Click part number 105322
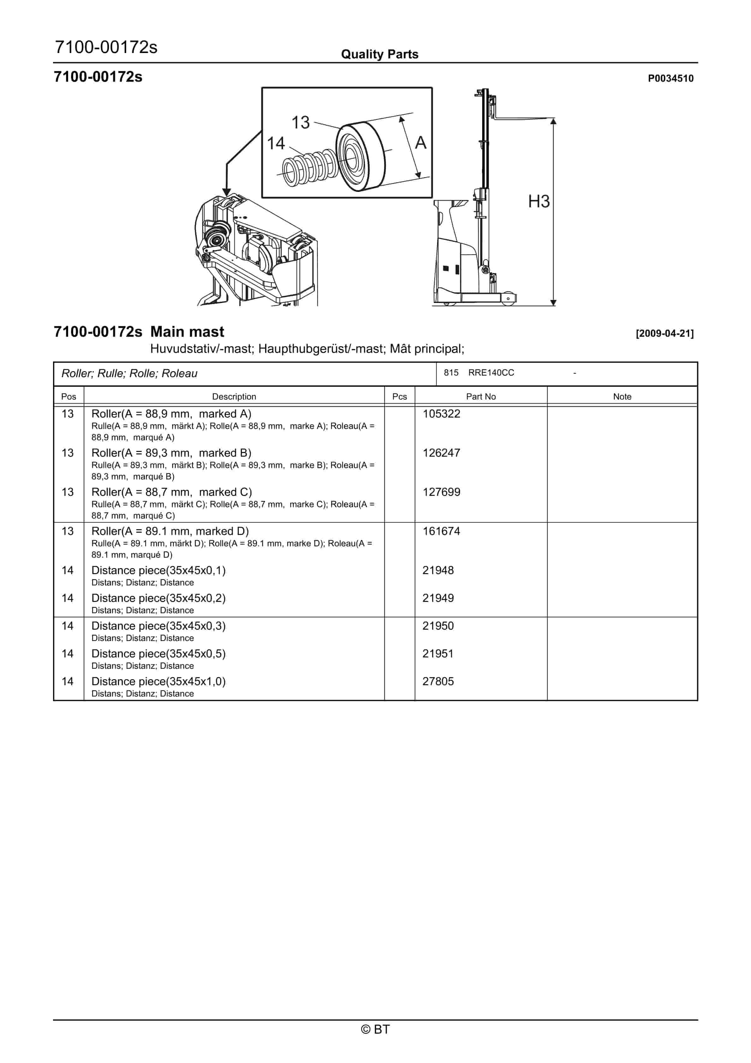click(x=441, y=413)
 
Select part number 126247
click(x=441, y=453)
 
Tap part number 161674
click(x=441, y=531)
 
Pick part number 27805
click(x=438, y=681)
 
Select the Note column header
click(x=622, y=396)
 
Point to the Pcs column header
click(x=399, y=396)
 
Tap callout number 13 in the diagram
click(x=300, y=123)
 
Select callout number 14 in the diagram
click(x=276, y=144)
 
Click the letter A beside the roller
click(x=420, y=143)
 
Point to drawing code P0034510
click(x=671, y=78)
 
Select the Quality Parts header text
click(x=380, y=54)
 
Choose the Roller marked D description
click(x=170, y=531)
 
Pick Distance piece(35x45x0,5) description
click(x=158, y=653)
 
